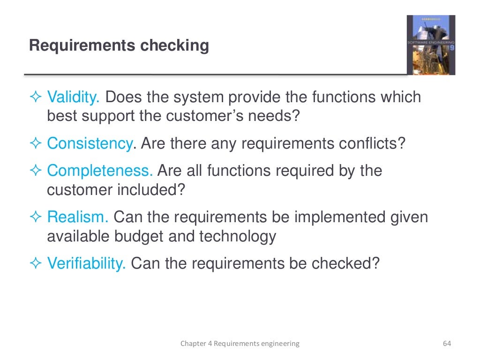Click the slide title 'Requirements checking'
click(x=119, y=46)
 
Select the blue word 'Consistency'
click(x=90, y=143)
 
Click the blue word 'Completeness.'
click(x=100, y=171)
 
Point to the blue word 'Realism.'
click(x=78, y=217)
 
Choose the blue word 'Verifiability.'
click(x=86, y=263)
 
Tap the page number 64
click(x=446, y=344)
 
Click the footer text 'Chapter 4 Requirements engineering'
click(x=240, y=344)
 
